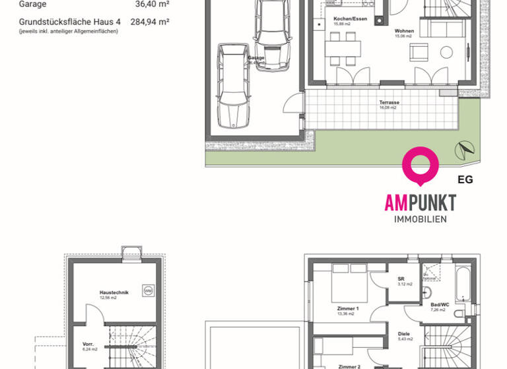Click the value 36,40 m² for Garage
point(152,4)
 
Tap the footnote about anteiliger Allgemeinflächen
point(68,31)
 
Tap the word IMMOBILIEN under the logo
point(420,219)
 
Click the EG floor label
point(465,179)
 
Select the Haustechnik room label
point(114,293)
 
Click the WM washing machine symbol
point(148,291)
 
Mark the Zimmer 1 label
point(347,309)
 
